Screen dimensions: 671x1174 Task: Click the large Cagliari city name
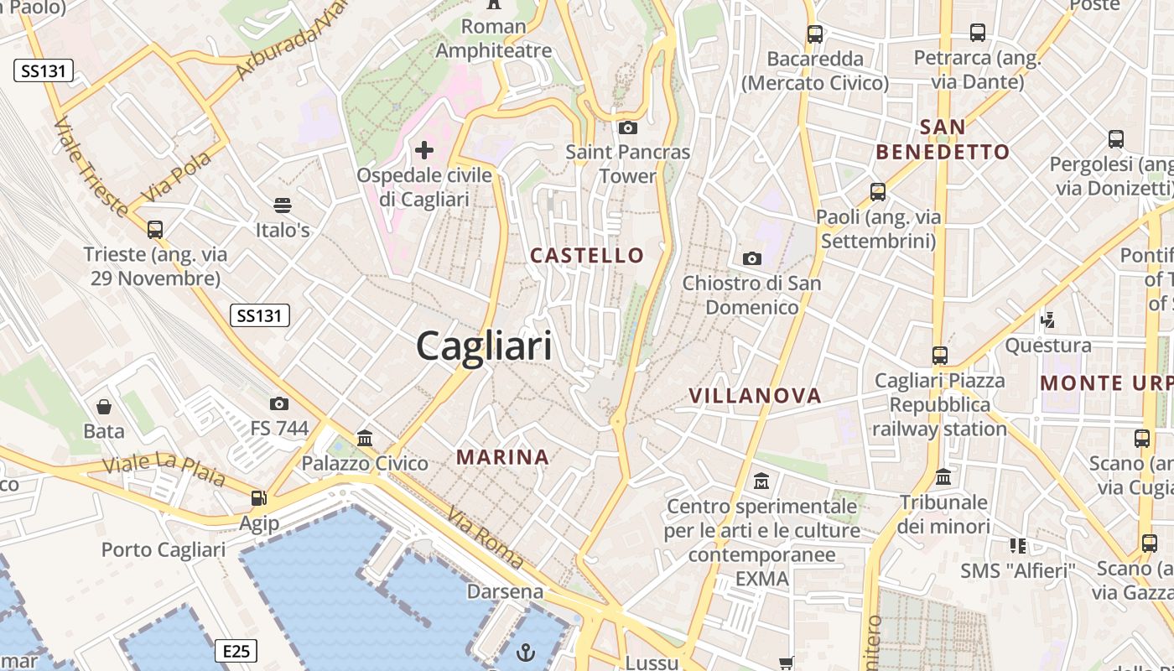(x=484, y=346)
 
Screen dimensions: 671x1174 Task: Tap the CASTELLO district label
(x=587, y=256)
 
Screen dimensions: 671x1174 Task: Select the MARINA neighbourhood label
(x=503, y=457)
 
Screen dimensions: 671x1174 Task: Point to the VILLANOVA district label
(x=755, y=396)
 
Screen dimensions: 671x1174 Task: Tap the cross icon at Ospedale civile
(x=424, y=150)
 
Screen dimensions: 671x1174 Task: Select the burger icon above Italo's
(x=283, y=205)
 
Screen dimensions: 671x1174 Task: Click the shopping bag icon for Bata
(x=104, y=407)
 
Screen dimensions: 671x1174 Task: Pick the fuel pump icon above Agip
(x=259, y=498)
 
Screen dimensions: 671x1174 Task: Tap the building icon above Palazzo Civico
(x=365, y=438)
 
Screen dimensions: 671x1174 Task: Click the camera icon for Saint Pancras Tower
(x=627, y=128)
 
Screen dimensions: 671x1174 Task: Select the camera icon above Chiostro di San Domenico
(x=752, y=258)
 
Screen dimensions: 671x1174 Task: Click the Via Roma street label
(x=485, y=538)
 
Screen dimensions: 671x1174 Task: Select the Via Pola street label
(x=176, y=177)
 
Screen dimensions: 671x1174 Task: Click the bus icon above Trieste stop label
(x=154, y=229)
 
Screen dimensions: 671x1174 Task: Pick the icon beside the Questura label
(x=1047, y=320)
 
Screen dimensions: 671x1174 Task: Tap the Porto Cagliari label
(x=164, y=550)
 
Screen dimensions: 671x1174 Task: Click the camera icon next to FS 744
(x=279, y=404)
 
